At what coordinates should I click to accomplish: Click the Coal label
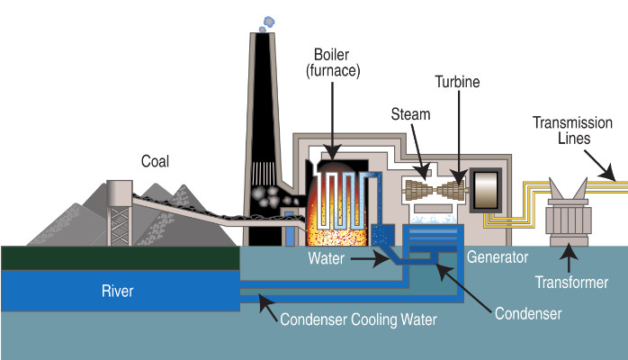[x=155, y=161]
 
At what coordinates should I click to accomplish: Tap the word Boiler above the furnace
[x=332, y=55]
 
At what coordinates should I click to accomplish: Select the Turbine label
[x=457, y=82]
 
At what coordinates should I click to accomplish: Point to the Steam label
[x=410, y=114]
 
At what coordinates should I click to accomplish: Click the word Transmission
[x=573, y=122]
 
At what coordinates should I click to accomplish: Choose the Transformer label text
[x=571, y=283]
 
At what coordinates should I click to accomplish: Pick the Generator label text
[x=498, y=257]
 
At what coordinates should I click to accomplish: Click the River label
[x=117, y=291]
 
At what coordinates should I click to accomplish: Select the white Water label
[x=326, y=258]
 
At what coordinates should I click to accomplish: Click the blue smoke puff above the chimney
[x=267, y=23]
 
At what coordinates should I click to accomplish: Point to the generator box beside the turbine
[x=486, y=190]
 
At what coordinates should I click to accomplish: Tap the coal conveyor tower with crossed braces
[x=120, y=212]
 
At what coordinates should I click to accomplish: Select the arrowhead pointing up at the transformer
[x=569, y=251]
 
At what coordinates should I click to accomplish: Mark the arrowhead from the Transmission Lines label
[x=608, y=173]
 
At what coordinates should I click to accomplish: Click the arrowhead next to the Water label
[x=381, y=258]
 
